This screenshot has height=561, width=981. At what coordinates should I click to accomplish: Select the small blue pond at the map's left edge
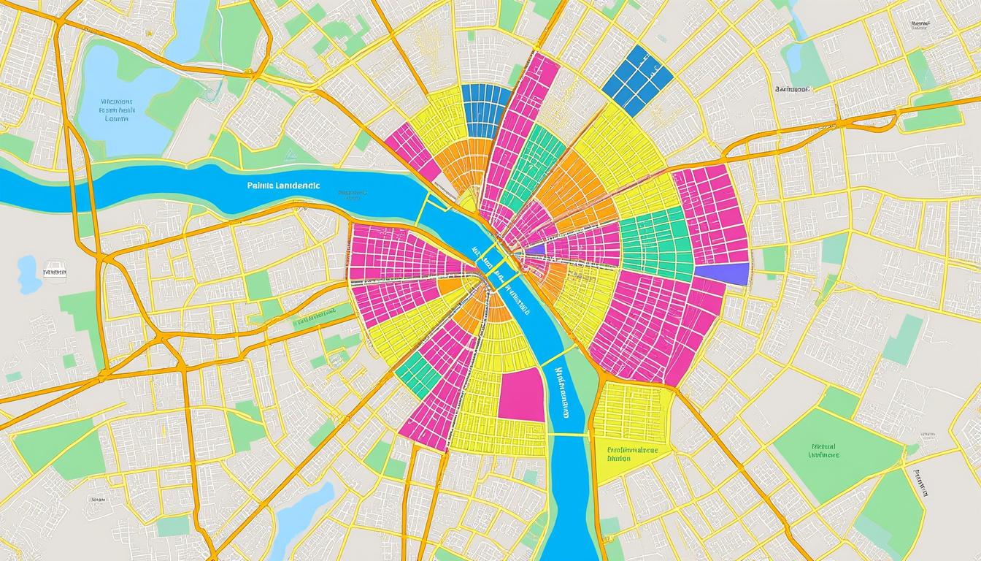click(27, 274)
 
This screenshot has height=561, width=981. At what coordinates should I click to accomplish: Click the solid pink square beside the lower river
click(521, 394)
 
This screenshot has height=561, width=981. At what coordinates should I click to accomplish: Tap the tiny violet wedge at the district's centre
click(535, 250)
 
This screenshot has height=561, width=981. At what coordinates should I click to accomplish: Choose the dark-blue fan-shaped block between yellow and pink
click(485, 110)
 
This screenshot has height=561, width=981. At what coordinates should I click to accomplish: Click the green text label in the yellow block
click(632, 455)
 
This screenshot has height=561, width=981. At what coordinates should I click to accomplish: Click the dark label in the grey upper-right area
click(792, 89)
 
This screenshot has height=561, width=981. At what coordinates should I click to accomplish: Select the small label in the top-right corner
click(921, 24)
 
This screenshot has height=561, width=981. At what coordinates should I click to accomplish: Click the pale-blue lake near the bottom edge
click(299, 520)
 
